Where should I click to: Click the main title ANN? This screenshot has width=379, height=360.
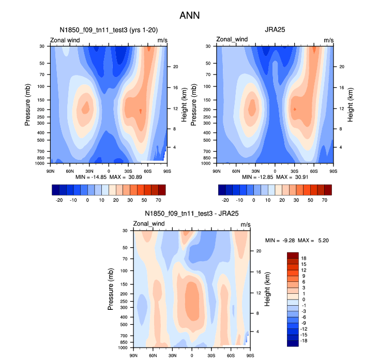click(190, 16)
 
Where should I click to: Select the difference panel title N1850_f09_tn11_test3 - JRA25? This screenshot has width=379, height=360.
click(191, 213)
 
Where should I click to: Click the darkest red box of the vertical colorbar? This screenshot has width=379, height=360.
click(293, 255)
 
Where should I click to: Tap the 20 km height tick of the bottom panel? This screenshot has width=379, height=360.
click(259, 251)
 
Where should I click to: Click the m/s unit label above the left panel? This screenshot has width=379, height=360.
click(162, 40)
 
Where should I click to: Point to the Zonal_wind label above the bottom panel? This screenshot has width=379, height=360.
click(149, 224)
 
